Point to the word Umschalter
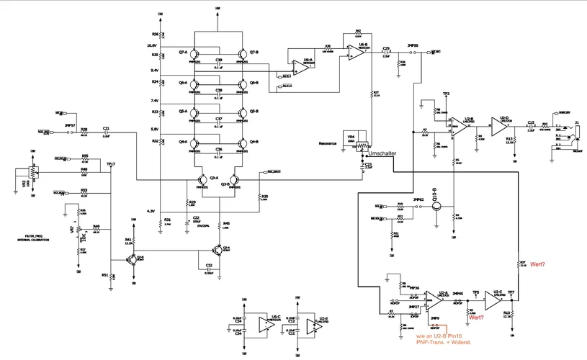click(x=380, y=154)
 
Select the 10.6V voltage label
click(x=153, y=44)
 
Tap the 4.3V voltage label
click(x=151, y=211)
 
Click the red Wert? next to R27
click(x=537, y=264)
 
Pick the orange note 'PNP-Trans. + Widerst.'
click(x=439, y=342)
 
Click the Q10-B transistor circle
click(x=436, y=206)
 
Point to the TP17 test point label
click(x=111, y=164)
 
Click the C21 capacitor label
click(x=106, y=127)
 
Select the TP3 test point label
click(x=446, y=94)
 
